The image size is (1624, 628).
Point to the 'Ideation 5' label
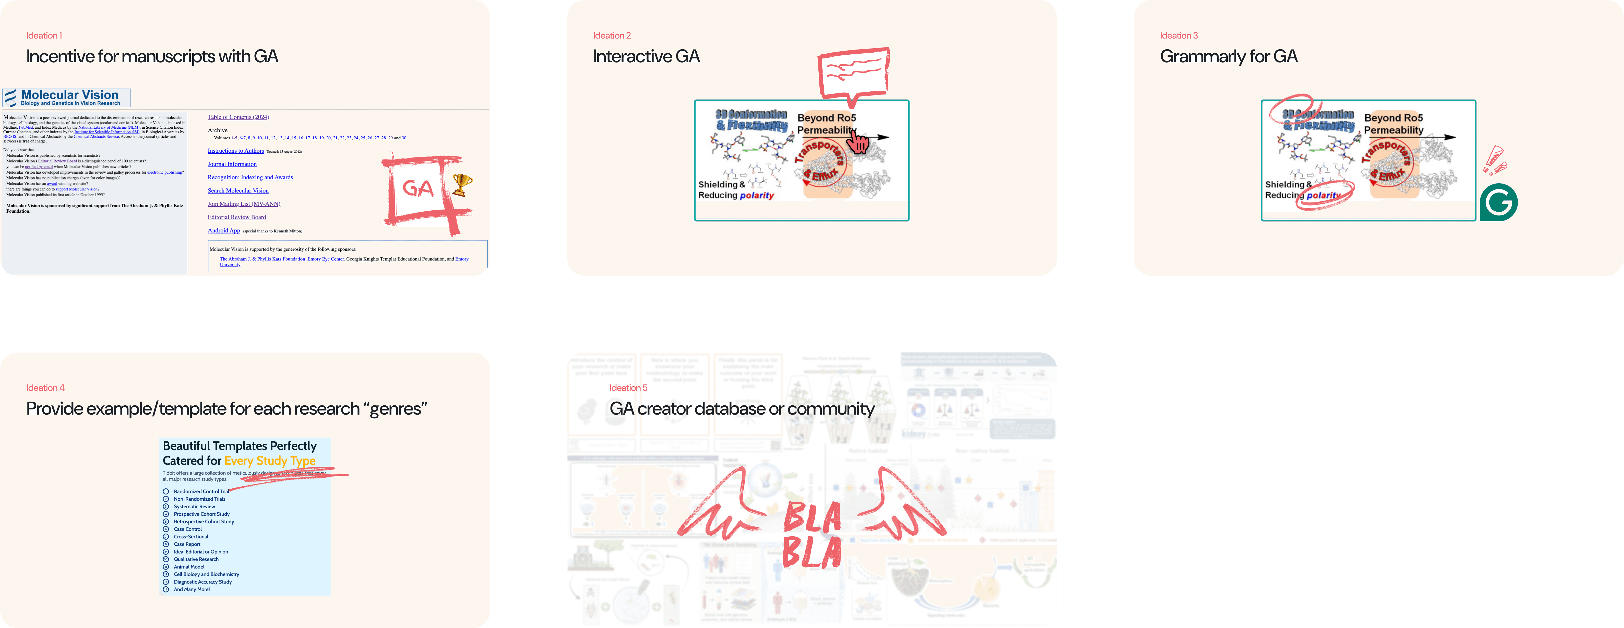click(628, 388)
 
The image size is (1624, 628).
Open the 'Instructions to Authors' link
click(236, 151)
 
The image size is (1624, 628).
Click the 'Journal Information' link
click(232, 164)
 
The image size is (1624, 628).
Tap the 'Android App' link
click(224, 231)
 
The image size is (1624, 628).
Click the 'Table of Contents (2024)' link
click(238, 117)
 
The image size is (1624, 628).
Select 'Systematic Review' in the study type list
click(194, 506)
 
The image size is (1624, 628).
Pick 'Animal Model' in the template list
click(189, 567)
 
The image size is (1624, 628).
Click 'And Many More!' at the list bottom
click(192, 589)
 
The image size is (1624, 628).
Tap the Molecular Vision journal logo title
click(69, 95)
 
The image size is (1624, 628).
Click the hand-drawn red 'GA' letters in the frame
click(417, 188)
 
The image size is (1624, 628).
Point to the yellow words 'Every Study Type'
click(270, 461)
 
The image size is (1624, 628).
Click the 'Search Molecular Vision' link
click(238, 190)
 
